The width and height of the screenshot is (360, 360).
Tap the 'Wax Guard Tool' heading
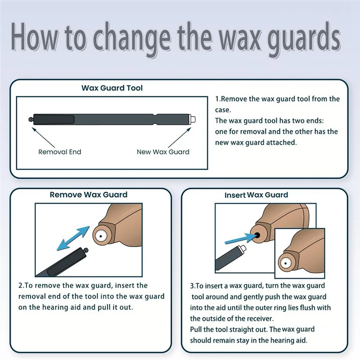(112, 88)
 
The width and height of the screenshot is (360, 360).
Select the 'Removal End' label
(60, 152)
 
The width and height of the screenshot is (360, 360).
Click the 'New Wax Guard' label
(163, 152)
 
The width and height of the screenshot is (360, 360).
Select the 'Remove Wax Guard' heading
(89, 195)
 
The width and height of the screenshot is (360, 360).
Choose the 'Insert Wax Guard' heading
(256, 195)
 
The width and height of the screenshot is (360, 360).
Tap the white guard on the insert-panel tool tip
(243, 248)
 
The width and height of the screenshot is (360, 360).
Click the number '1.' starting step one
(218, 99)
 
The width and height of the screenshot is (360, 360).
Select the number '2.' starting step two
(21, 286)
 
